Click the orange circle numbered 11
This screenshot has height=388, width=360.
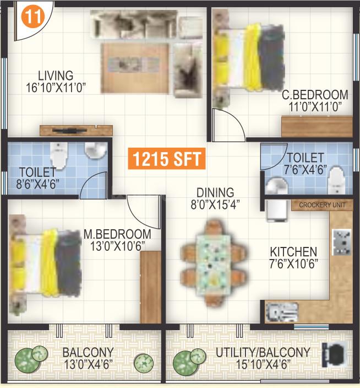[33, 17]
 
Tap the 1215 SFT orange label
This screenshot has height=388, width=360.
[167, 159]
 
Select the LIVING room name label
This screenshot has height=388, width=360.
[56, 76]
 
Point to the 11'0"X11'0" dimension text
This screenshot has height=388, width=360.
[315, 107]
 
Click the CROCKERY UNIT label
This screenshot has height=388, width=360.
[322, 205]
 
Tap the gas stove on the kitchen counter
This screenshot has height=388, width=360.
[341, 242]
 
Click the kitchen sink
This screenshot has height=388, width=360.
[282, 312]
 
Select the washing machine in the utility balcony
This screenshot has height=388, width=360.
[335, 355]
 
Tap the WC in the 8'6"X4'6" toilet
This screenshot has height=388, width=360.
[59, 155]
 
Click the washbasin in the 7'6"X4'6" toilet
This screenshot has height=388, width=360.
[276, 186]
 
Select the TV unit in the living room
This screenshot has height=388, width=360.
[76, 131]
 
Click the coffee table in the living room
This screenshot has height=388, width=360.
[135, 68]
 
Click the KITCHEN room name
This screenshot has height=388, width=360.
[293, 252]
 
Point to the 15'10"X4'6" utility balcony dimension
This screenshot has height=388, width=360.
[263, 364]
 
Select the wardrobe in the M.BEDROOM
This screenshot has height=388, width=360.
[150, 287]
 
